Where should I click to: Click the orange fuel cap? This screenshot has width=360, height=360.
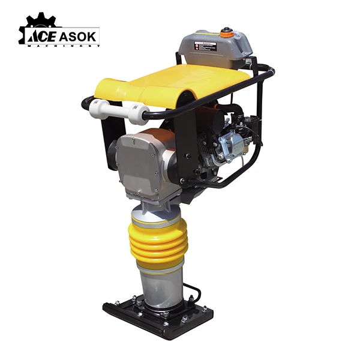pos(227,33)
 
